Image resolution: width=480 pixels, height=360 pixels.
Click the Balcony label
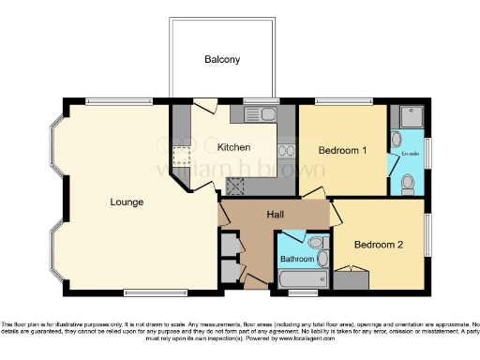point(222,60)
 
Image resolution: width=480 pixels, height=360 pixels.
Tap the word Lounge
point(126,201)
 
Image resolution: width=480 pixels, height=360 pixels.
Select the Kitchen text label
point(233,147)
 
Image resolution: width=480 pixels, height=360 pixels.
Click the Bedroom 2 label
point(379,245)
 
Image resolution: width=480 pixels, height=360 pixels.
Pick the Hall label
point(275,216)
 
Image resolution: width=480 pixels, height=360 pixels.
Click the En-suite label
point(409,153)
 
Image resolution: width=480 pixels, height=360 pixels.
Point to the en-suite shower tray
point(409,118)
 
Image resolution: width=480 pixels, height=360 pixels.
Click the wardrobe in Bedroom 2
point(352,278)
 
